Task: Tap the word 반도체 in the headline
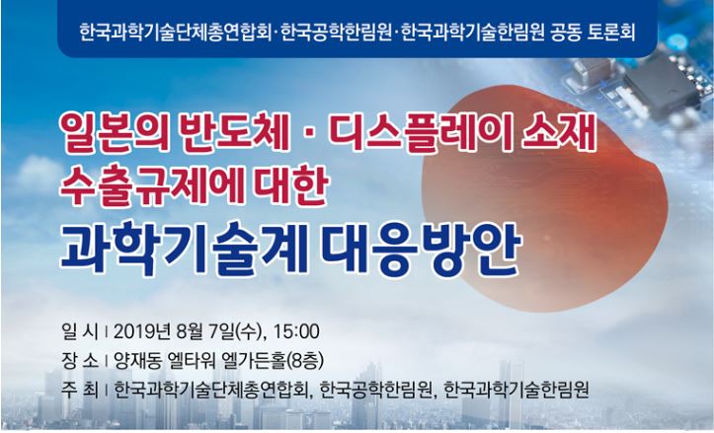(235, 133)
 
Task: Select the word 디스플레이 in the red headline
(416, 133)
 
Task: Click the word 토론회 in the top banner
(611, 32)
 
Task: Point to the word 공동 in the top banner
(566, 32)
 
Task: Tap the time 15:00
(296, 331)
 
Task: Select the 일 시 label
(80, 331)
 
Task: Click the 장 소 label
(80, 361)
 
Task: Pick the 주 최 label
(80, 391)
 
